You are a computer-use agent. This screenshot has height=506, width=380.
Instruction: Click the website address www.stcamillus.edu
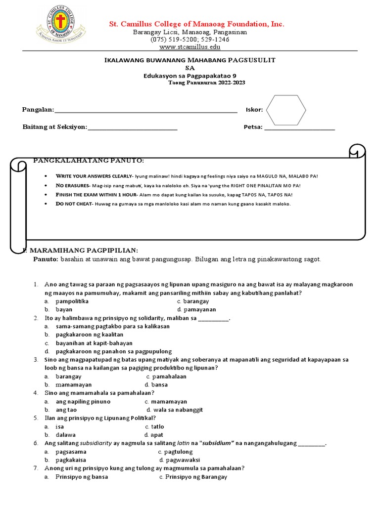tap(190, 47)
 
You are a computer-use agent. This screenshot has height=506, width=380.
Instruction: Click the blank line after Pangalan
tap(145, 111)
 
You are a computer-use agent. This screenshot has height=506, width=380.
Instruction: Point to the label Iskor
tap(254, 110)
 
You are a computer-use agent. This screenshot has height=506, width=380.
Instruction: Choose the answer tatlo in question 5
tap(157, 426)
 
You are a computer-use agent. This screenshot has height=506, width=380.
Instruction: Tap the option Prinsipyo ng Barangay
tap(196, 477)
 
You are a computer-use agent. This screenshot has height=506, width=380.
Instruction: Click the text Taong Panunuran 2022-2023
tap(206, 83)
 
